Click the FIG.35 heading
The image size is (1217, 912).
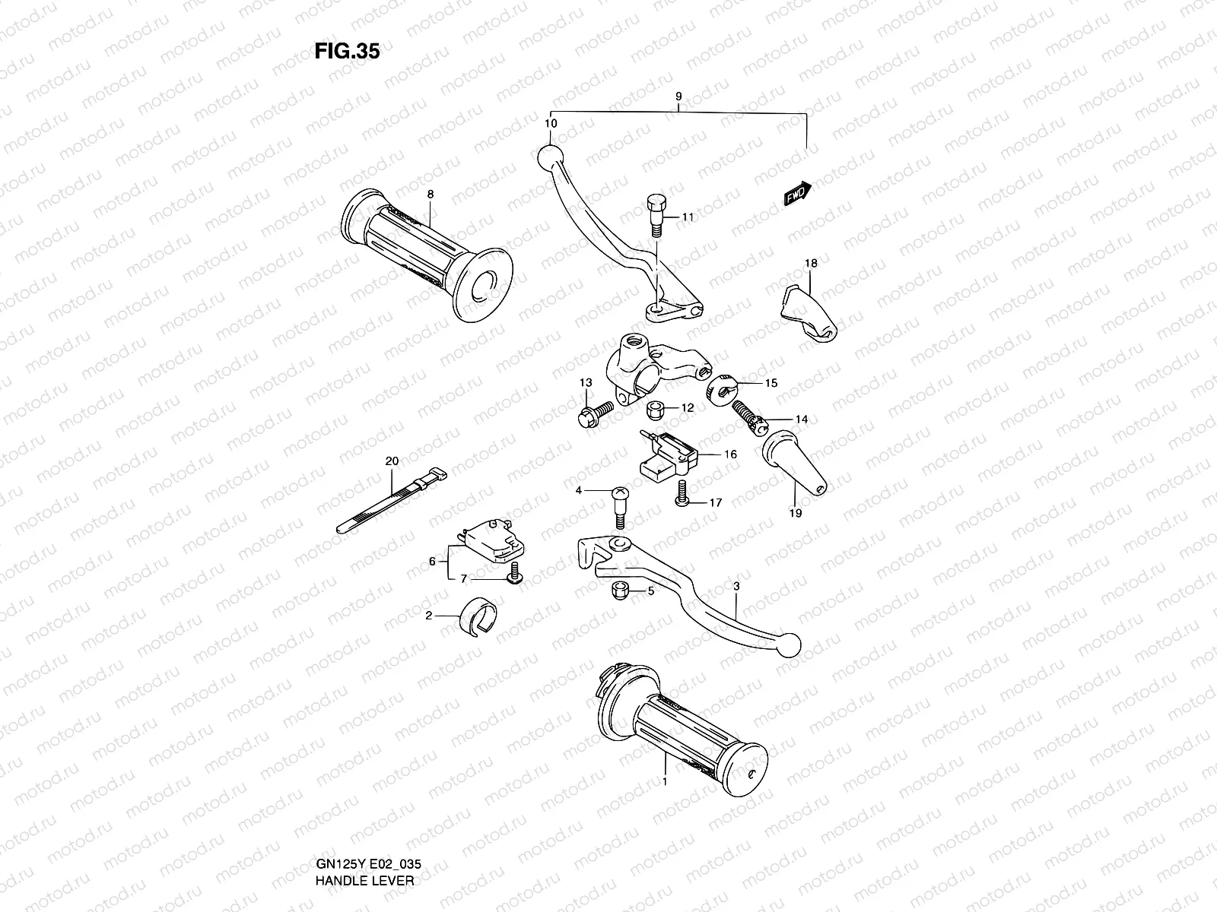[347, 51]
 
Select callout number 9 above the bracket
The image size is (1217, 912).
[678, 97]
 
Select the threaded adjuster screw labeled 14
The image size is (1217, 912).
[749, 418]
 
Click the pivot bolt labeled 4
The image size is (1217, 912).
[618, 505]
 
